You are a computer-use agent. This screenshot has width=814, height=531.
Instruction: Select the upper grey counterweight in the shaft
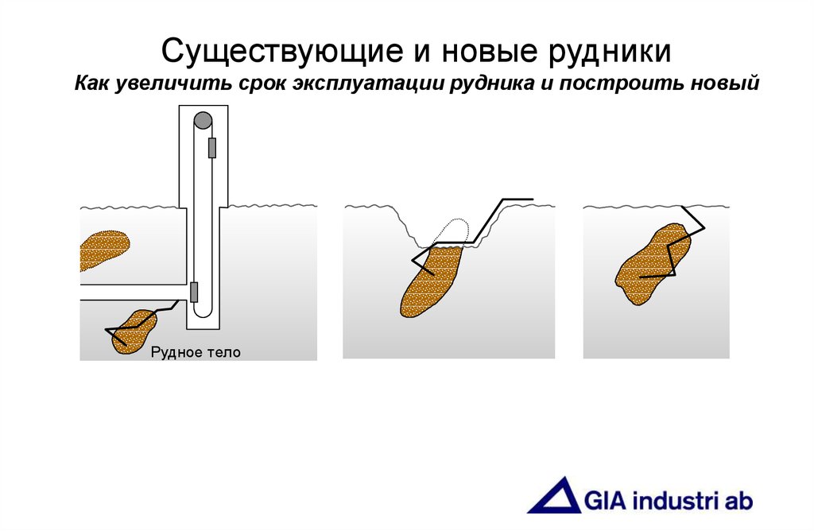click(x=212, y=148)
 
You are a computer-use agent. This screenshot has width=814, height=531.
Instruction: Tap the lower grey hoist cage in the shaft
click(x=193, y=292)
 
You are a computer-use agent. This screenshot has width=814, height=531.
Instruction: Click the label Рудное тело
click(x=195, y=351)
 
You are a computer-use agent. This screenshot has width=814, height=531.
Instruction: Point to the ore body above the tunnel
click(x=103, y=250)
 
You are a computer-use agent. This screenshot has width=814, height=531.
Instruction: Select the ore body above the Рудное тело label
click(x=134, y=330)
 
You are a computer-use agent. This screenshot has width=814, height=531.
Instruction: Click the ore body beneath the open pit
click(x=430, y=282)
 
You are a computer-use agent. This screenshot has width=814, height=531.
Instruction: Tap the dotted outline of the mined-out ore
click(x=453, y=231)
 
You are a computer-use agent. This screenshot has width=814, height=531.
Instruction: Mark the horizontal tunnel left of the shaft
click(x=131, y=292)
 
